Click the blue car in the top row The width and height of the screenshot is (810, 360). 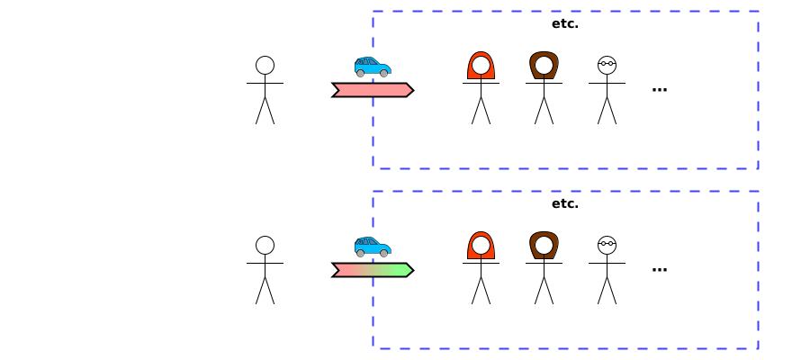click(x=373, y=67)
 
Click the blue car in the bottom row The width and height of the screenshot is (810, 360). click(x=373, y=247)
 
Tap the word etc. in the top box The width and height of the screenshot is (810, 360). click(x=565, y=23)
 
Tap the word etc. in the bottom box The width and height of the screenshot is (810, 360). click(x=565, y=203)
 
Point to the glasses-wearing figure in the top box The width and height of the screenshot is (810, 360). click(x=607, y=90)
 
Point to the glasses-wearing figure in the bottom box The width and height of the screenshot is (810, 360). click(x=607, y=270)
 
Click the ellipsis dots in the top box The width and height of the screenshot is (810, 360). click(x=659, y=89)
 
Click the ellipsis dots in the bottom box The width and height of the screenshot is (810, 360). click(x=659, y=269)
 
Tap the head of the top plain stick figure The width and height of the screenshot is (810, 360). click(x=265, y=65)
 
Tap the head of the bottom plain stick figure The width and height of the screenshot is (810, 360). click(x=265, y=245)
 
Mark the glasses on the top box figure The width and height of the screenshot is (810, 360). click(x=607, y=64)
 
